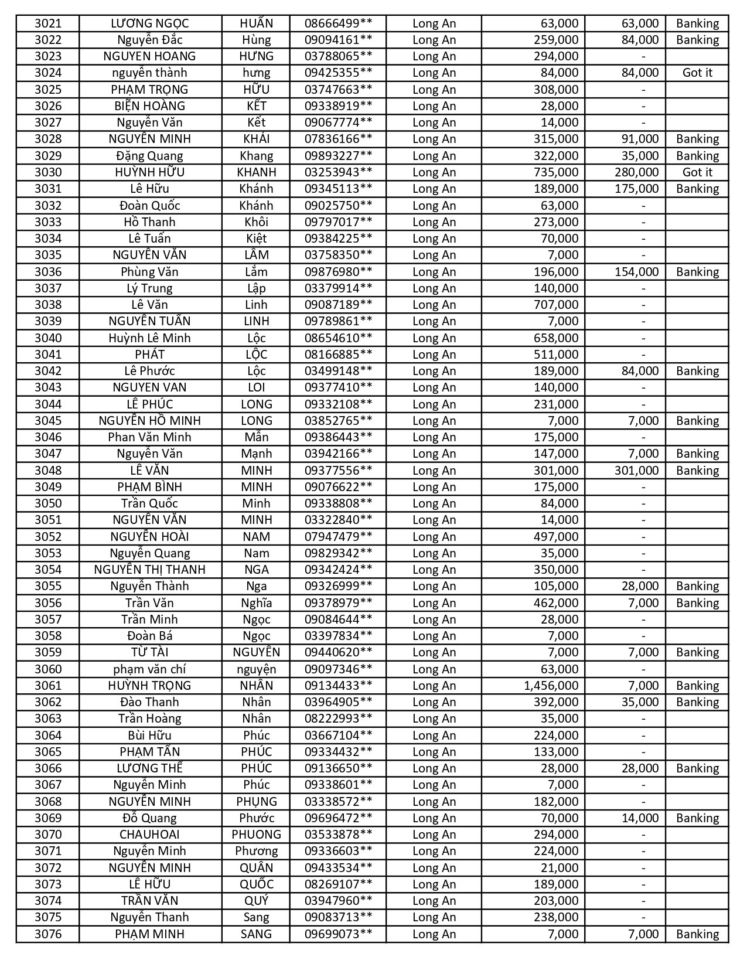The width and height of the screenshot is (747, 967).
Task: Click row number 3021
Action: pyautogui.click(x=48, y=23)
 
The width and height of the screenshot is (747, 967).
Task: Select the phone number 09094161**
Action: pyautogui.click(x=338, y=40)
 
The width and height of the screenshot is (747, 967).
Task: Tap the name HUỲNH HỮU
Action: pyautogui.click(x=150, y=172)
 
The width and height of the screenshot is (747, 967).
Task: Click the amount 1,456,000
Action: pyautogui.click(x=551, y=686)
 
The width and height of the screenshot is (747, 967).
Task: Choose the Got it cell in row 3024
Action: pyautogui.click(x=697, y=73)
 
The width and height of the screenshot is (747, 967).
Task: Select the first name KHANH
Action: pyautogui.click(x=257, y=172)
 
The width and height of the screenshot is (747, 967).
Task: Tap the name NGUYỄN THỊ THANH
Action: pyautogui.click(x=150, y=570)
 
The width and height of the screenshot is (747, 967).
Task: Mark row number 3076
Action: pyautogui.click(x=48, y=934)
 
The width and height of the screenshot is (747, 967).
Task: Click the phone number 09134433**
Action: pyautogui.click(x=338, y=686)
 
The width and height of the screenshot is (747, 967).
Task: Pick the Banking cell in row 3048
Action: pyautogui.click(x=697, y=471)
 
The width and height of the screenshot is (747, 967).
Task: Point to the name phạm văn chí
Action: pyautogui.click(x=150, y=669)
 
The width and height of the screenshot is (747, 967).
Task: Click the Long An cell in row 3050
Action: pyautogui.click(x=434, y=503)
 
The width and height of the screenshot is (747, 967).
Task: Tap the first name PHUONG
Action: pyautogui.click(x=257, y=835)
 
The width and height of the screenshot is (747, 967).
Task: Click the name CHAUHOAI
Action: pyautogui.click(x=150, y=835)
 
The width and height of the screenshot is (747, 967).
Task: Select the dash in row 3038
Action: pyautogui.click(x=643, y=305)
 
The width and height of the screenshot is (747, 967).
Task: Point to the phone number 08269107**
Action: pyautogui.click(x=338, y=884)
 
